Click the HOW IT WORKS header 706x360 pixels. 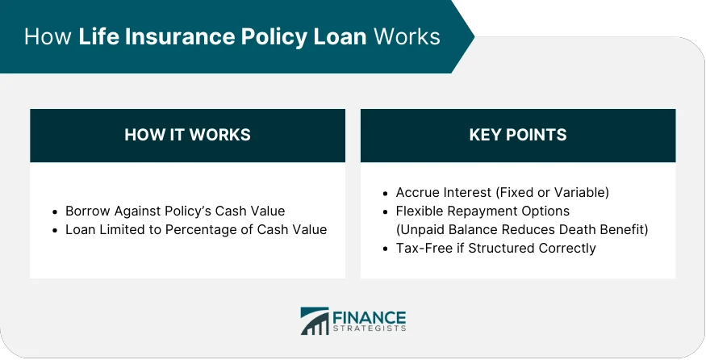tap(187, 135)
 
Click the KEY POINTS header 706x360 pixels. tap(517, 135)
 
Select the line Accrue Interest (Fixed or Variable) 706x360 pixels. tap(502, 192)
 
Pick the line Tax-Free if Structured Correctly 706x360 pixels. tap(495, 248)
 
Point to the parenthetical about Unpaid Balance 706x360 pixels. tap(522, 229)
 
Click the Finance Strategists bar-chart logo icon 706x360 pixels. tap(314, 321)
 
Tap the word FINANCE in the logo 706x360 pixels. tap(369, 316)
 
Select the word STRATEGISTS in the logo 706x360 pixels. tap(369, 329)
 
